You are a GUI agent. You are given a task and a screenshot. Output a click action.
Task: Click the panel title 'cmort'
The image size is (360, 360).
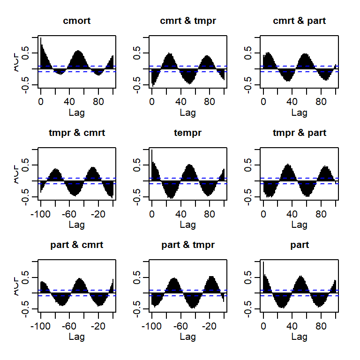76,21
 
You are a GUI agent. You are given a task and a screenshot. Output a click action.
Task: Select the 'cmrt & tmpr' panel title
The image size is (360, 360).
188,21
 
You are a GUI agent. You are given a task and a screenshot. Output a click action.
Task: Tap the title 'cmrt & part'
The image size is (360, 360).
299,21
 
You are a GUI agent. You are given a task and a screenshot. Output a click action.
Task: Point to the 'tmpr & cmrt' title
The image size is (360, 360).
76,133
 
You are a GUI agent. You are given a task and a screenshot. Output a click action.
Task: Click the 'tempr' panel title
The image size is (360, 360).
188,133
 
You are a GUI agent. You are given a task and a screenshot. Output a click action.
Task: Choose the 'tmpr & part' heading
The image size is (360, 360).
299,133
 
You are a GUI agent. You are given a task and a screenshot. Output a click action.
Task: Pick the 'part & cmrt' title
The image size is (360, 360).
76,245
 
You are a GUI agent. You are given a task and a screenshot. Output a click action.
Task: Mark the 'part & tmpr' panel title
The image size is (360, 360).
188,245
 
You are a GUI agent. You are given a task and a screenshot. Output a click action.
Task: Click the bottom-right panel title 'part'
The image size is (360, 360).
299,245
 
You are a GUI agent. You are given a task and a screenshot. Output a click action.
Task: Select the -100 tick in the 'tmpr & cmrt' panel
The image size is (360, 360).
41,214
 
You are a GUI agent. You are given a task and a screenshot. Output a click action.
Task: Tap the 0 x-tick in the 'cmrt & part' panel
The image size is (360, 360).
263,102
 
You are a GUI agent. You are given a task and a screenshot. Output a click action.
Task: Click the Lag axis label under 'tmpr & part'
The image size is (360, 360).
299,225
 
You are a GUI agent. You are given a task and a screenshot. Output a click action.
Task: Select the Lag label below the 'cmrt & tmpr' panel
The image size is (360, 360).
188,112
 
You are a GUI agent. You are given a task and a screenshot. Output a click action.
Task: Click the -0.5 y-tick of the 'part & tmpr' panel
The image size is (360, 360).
139,307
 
